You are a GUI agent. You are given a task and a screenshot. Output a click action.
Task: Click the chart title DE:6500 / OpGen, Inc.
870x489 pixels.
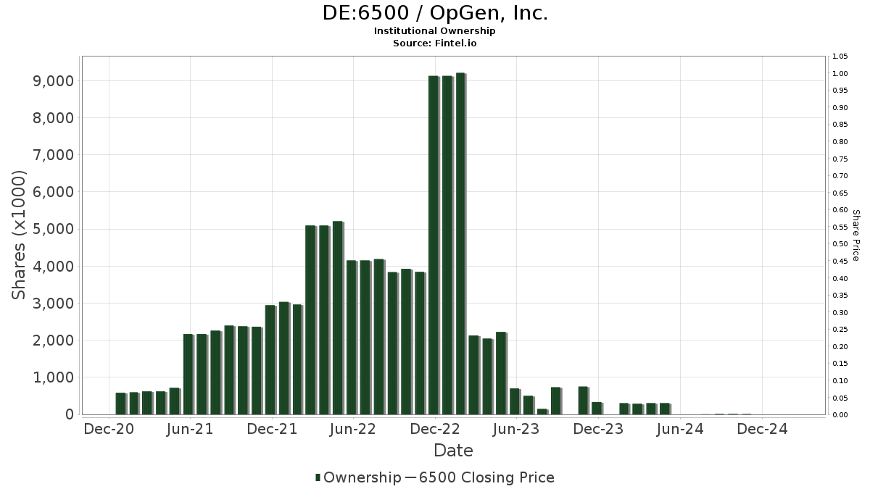(x=435, y=14)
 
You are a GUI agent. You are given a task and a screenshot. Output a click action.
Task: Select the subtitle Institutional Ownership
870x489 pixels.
(x=435, y=31)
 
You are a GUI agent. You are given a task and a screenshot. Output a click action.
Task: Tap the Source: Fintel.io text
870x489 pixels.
(x=435, y=43)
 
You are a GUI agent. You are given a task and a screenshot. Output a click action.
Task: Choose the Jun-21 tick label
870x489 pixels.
(x=189, y=429)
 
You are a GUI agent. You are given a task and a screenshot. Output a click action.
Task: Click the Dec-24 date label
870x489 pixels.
(x=763, y=429)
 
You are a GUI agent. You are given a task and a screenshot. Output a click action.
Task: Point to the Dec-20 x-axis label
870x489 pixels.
(x=109, y=429)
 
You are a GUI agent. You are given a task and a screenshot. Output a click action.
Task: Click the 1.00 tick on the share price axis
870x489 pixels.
(x=840, y=74)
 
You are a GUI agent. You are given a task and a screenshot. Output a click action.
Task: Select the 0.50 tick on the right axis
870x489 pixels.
(x=840, y=244)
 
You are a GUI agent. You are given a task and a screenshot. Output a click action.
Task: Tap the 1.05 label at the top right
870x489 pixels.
(x=840, y=57)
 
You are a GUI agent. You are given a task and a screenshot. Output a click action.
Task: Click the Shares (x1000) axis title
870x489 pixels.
(x=20, y=235)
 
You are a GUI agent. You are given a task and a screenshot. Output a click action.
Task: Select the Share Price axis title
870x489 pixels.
(x=856, y=235)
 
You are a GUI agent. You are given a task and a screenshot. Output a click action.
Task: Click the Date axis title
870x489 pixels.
(x=453, y=451)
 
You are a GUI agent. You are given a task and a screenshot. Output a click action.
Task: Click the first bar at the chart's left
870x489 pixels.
(x=120, y=404)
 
